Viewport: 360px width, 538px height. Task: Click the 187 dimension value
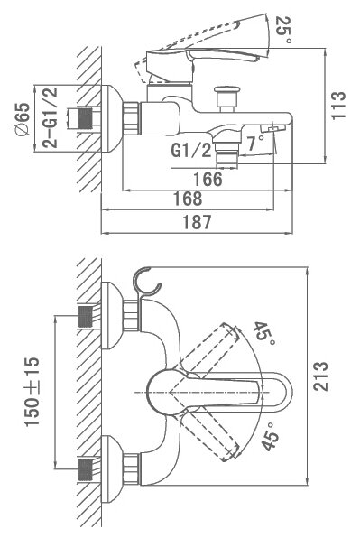point(197,222)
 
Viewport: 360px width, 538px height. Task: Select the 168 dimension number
point(188,199)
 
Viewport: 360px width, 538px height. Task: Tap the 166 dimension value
point(208,179)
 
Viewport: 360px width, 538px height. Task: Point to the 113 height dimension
point(338,105)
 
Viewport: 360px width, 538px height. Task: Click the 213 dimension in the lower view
point(321,376)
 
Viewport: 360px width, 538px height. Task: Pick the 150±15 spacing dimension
point(32,392)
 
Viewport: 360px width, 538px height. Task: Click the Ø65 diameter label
point(23,119)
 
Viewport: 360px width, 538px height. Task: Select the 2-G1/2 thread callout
point(51,117)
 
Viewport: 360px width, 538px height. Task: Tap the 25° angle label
point(284,30)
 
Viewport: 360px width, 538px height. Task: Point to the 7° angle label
point(255,144)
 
